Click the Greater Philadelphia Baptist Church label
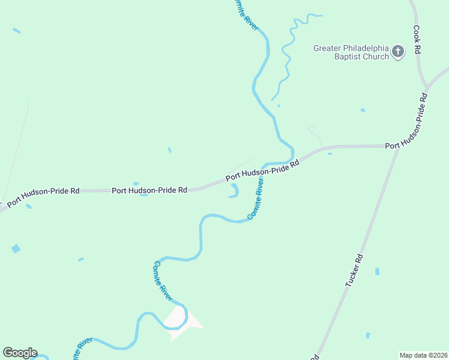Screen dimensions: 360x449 click(351, 53)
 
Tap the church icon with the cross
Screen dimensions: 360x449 click(397, 52)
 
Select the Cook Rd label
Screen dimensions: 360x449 click(416, 40)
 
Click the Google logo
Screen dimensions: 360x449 click(20, 353)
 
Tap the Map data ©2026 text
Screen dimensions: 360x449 click(423, 355)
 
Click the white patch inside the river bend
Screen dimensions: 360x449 click(178, 319)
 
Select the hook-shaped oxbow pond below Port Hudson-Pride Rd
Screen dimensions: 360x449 click(234, 190)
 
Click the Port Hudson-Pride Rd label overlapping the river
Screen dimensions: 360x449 click(262, 171)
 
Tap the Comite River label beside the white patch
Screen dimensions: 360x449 click(163, 281)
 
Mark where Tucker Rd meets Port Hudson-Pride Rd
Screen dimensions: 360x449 click(397, 147)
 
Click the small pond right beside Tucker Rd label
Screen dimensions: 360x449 click(377, 271)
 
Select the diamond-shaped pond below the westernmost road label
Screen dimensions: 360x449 click(16, 248)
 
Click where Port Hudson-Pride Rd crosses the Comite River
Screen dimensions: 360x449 click(277, 163)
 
